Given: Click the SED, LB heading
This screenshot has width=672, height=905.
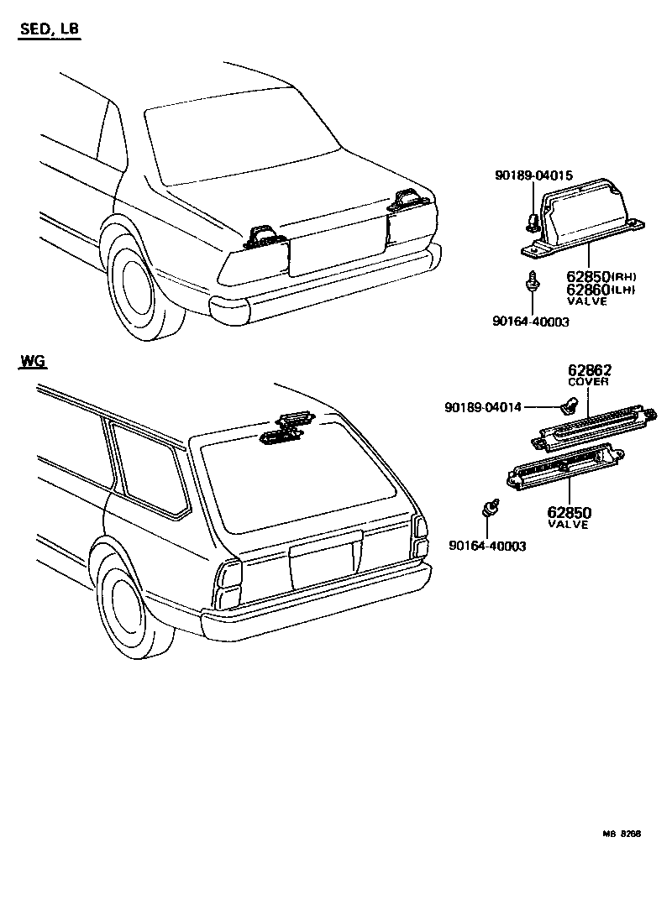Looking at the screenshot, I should (x=49, y=30).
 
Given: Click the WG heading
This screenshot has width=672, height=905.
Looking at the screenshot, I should (x=33, y=362).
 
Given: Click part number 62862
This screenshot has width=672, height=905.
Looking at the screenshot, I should (x=589, y=370).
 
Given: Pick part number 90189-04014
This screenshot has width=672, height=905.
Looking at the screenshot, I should (x=482, y=407).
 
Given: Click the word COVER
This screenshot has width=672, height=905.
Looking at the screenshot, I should (x=589, y=383).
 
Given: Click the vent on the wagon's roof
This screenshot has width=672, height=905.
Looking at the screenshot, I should (x=286, y=427).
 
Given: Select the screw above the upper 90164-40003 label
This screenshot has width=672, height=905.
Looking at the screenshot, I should (x=533, y=281).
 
